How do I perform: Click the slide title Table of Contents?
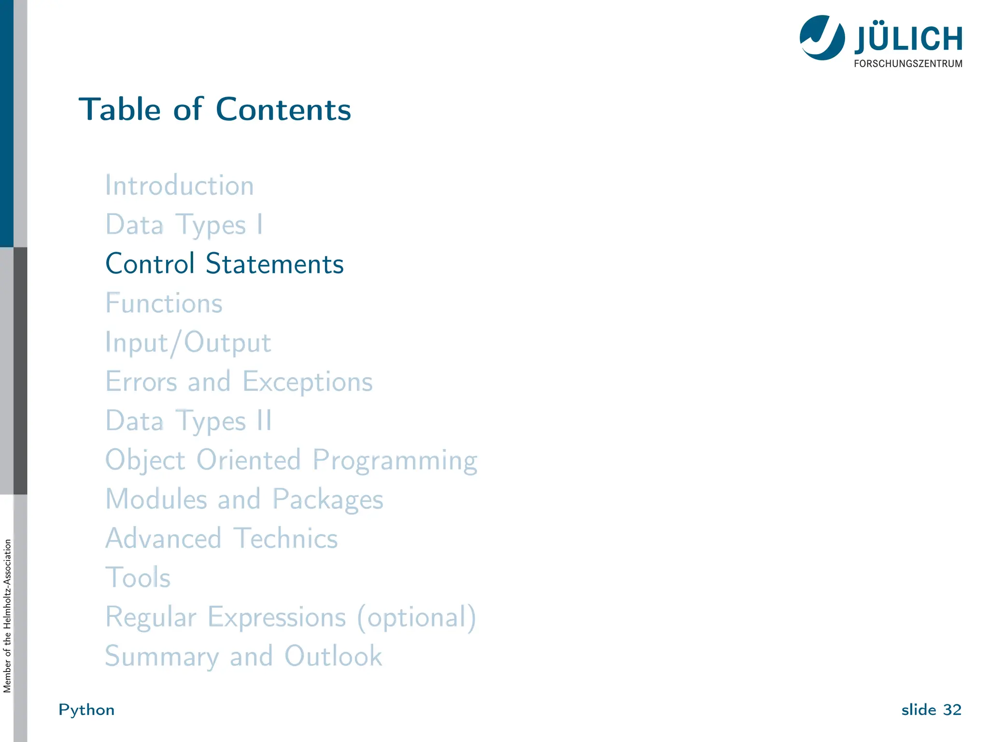pyautogui.click(x=215, y=109)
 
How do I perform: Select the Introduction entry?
pyautogui.click(x=180, y=185)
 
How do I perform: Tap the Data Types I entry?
pyautogui.click(x=184, y=225)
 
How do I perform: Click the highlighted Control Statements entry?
pyautogui.click(x=225, y=264)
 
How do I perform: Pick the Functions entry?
pyautogui.click(x=164, y=303)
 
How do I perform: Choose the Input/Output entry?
pyautogui.click(x=188, y=343)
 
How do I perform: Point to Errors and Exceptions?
pyautogui.click(x=239, y=382)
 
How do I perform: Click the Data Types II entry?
pyautogui.click(x=189, y=421)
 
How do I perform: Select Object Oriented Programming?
pyautogui.click(x=291, y=460)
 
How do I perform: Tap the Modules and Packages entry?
pyautogui.click(x=244, y=499)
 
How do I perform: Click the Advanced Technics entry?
pyautogui.click(x=222, y=538)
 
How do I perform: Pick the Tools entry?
pyautogui.click(x=138, y=577)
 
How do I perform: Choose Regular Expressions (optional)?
pyautogui.click(x=291, y=617)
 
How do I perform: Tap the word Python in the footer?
pyautogui.click(x=86, y=710)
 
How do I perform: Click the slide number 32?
pyautogui.click(x=952, y=710)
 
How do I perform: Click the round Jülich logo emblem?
pyautogui.click(x=822, y=38)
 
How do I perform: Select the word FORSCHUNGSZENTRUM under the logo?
pyautogui.click(x=908, y=64)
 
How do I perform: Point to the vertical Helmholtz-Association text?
pyautogui.click(x=7, y=616)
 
